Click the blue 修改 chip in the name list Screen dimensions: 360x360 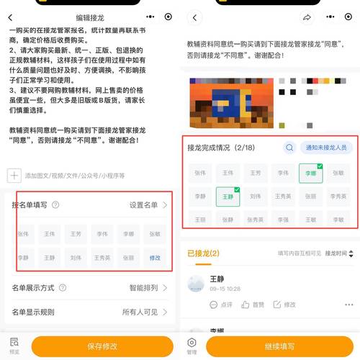pos(155,257)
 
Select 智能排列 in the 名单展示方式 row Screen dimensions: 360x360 pos(147,287)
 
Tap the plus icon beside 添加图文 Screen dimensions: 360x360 pos(14,175)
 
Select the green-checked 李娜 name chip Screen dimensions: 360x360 pos(311,173)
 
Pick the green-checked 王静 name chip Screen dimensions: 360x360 pos(228,196)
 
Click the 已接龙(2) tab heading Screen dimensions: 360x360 pos(203,253)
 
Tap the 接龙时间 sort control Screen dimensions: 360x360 pos(338,253)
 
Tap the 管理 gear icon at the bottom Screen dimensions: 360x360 pos(192,344)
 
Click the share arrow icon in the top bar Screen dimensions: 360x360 pos(307,17)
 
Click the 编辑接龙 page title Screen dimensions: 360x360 pos(91,17)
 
